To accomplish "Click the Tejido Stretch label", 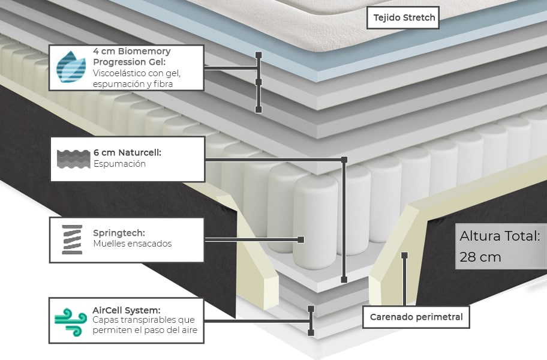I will [x=402, y=17].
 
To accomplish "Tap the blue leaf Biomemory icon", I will [x=71, y=67].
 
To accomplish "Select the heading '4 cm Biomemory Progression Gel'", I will [x=132, y=56].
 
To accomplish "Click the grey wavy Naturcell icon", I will [x=71, y=158].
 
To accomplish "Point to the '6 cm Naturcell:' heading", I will [x=127, y=153].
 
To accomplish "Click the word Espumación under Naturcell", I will [x=119, y=164].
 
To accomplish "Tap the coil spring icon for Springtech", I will [x=71, y=239].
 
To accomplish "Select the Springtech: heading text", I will [x=119, y=233].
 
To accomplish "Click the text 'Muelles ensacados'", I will [x=132, y=244].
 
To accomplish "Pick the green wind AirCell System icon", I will [x=71, y=320].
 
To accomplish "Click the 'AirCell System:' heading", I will [x=127, y=310].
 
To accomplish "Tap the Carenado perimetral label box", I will [x=416, y=317].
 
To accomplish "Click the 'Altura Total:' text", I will [x=500, y=236].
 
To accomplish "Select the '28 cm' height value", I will [x=480, y=257].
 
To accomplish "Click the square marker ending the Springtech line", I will [x=301, y=239].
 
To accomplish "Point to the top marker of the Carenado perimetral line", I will [x=405, y=255].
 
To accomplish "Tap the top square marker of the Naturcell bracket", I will [x=344, y=160].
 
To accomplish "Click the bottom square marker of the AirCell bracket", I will [x=311, y=332].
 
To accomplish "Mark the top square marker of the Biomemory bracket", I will [x=259, y=55].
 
